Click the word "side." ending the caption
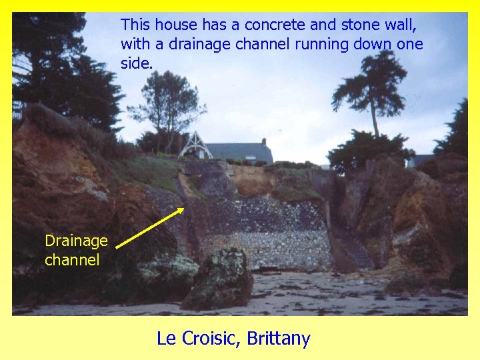click(137, 63)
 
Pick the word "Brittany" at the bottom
click(278, 339)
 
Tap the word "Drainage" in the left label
click(76, 241)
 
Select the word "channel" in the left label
click(72, 259)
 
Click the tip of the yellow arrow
click(184, 208)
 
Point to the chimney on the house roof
click(265, 142)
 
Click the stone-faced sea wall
click(273, 240)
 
